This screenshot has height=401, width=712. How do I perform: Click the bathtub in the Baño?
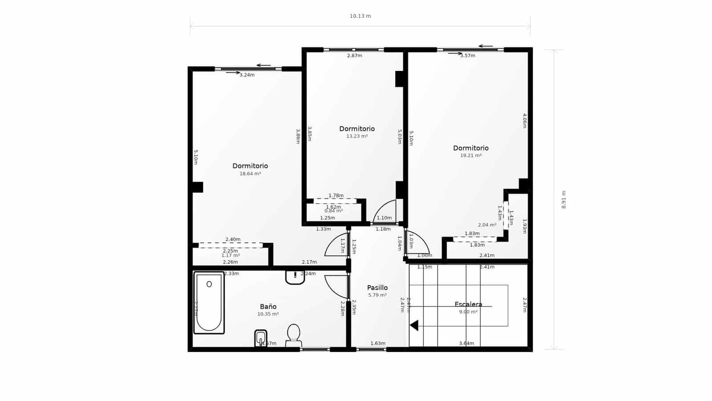(x=209, y=303)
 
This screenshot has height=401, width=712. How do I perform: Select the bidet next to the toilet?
(x=261, y=338)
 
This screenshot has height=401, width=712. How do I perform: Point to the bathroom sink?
(x=295, y=277)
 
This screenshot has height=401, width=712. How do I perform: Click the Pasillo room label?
(x=377, y=288)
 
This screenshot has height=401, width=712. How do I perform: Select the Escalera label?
(x=468, y=304)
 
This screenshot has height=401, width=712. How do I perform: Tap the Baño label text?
(x=268, y=307)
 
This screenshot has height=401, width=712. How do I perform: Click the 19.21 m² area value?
(x=471, y=155)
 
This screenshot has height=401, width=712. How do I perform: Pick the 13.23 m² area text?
(x=357, y=136)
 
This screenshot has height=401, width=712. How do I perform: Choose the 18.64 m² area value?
(x=250, y=174)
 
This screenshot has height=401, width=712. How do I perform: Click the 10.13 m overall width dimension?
(x=360, y=16)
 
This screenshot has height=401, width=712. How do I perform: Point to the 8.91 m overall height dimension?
(x=564, y=200)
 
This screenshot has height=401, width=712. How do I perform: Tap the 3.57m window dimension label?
(x=468, y=56)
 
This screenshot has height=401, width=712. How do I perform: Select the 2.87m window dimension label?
(x=354, y=56)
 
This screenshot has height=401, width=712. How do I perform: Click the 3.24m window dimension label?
(x=247, y=75)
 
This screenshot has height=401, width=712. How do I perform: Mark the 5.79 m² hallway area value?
(x=377, y=295)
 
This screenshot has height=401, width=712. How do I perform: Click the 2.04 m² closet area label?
(x=487, y=225)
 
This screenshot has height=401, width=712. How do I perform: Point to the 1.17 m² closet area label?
(x=231, y=255)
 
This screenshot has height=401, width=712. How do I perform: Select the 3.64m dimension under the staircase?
(x=466, y=343)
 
